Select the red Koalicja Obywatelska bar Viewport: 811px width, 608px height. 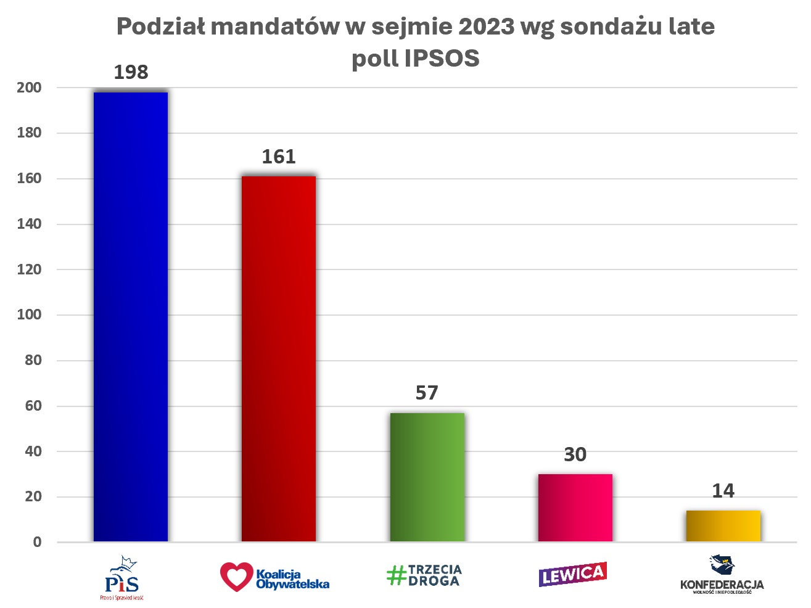tap(279, 359)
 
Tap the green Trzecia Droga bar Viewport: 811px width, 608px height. tap(427, 477)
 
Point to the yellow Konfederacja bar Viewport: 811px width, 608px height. tap(723, 526)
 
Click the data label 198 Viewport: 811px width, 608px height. tap(131, 72)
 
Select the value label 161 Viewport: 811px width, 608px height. tap(279, 157)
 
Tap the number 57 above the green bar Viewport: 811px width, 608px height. tap(427, 393)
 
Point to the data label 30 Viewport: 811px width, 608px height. tap(575, 454)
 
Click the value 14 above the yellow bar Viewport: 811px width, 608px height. tap(723, 491)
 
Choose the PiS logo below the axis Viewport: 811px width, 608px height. tap(122, 578)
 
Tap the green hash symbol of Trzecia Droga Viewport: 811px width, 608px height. tap(396, 575)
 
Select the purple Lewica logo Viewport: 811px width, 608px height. tap(572, 574)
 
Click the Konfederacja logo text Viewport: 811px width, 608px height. tap(722, 584)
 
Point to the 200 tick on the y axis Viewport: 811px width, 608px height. tap(29, 88)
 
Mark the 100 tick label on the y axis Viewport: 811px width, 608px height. tap(29, 314)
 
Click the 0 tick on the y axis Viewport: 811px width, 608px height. tap(37, 542)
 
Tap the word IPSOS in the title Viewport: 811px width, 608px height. tap(442, 59)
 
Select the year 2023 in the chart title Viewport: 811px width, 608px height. tap(486, 27)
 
